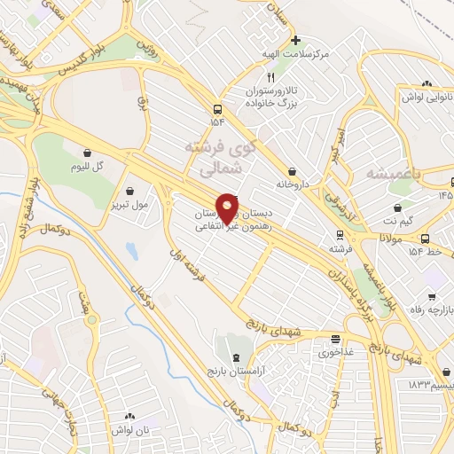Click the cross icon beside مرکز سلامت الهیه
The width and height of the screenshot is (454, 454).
[x=296, y=40]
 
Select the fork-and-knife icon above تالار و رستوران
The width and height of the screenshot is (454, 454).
[x=271, y=78]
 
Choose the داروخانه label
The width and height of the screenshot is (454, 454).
[x=292, y=186]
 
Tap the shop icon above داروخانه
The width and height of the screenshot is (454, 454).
[x=292, y=171]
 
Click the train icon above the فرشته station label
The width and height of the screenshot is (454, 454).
[x=338, y=235]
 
